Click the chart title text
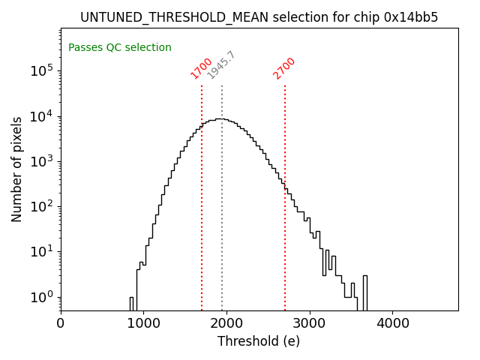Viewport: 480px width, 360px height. click(x=259, y=16)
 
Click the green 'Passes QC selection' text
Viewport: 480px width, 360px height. click(x=120, y=47)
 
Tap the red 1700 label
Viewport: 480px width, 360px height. click(x=201, y=68)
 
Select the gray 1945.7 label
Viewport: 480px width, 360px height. click(x=221, y=65)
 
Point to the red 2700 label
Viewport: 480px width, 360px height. click(x=284, y=68)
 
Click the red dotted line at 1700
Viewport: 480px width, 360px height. click(x=202, y=195)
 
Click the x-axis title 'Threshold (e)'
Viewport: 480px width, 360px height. click(x=259, y=341)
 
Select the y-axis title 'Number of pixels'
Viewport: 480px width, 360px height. click(x=16, y=169)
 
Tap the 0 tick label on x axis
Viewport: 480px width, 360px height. click(x=61, y=323)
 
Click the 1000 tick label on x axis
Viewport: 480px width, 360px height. click(x=143, y=323)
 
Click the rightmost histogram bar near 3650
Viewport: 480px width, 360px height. click(x=364, y=292)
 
